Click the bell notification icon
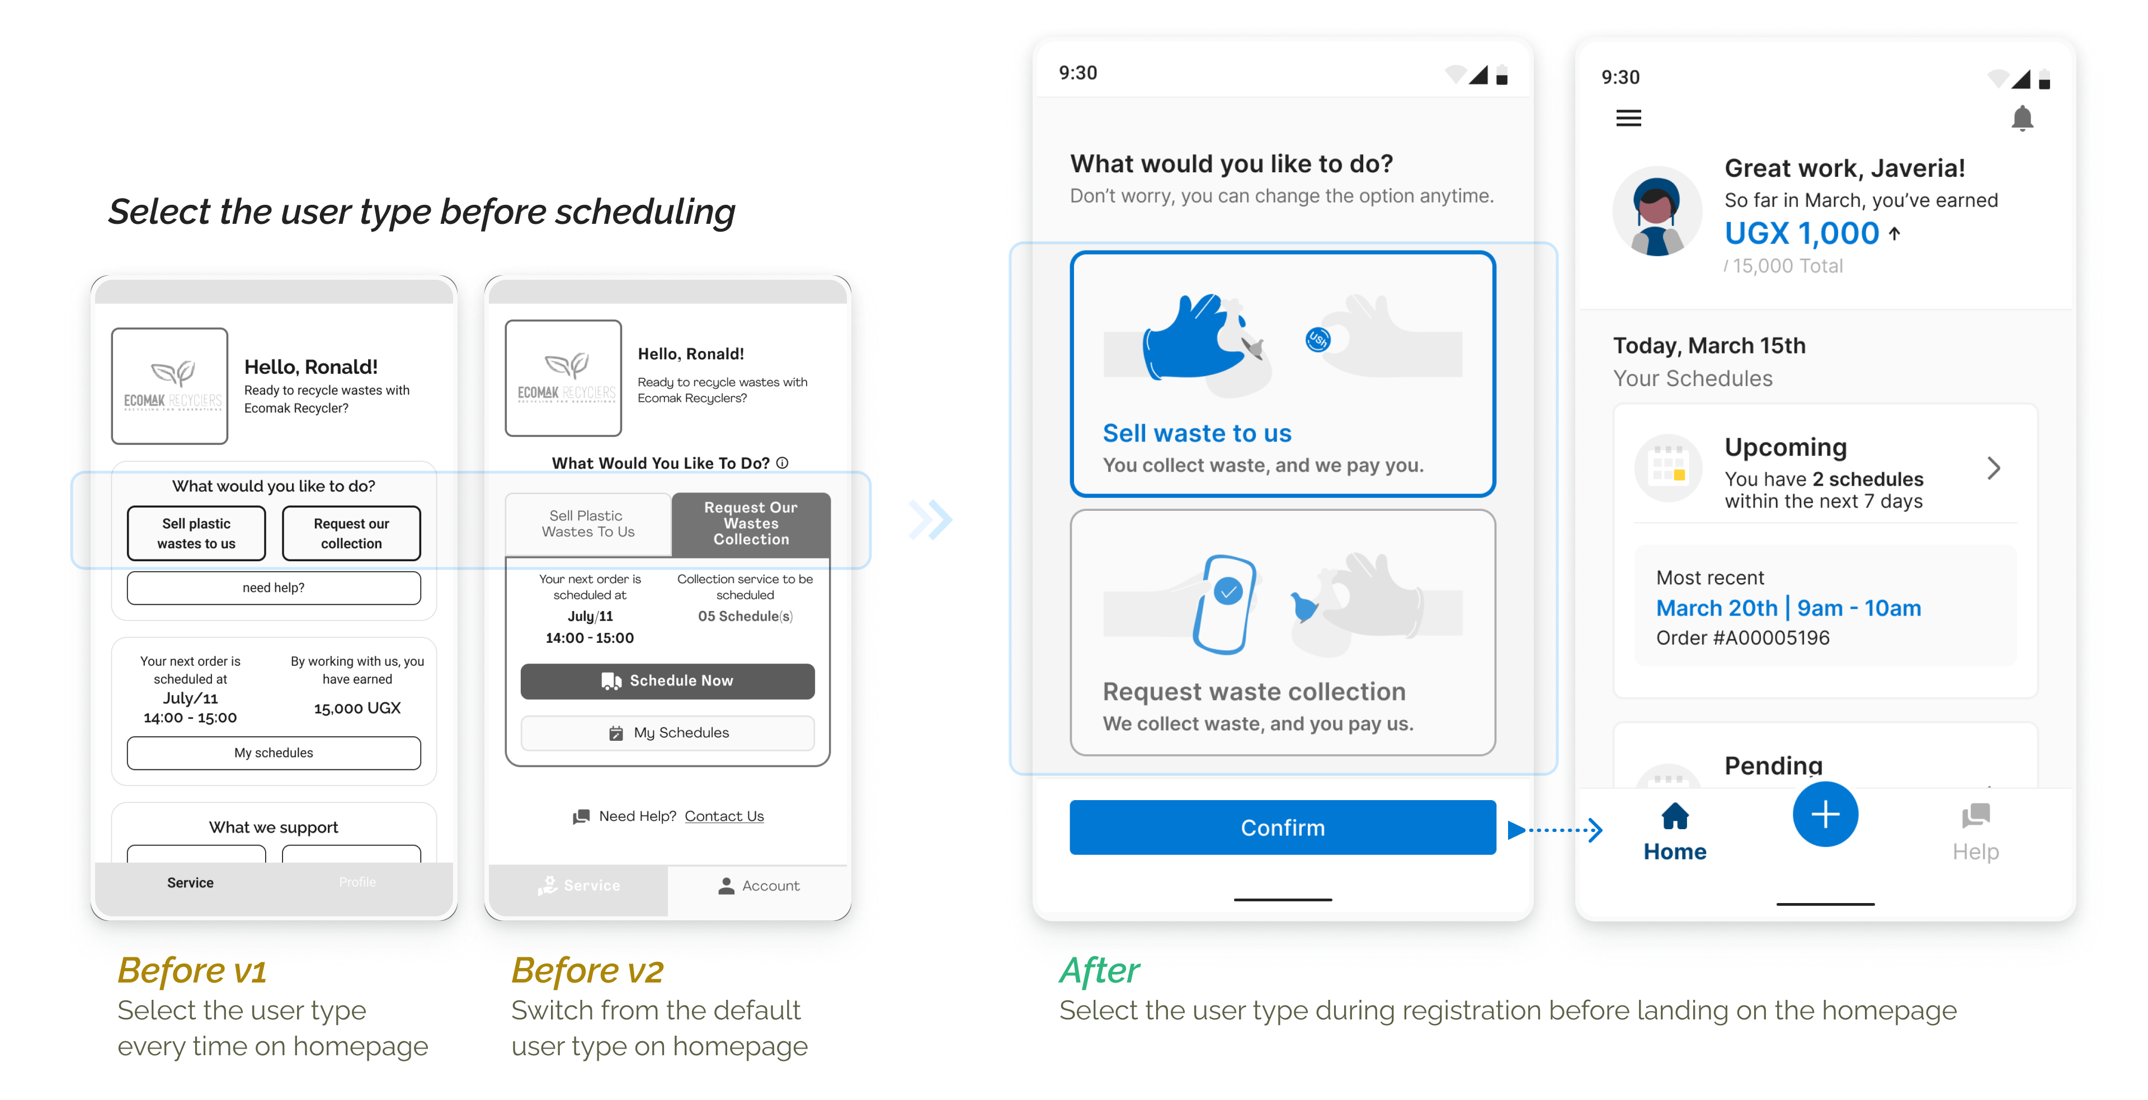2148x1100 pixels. point(2022,119)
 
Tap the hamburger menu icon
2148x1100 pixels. point(1628,117)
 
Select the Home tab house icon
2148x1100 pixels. point(1674,816)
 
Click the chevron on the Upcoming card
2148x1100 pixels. point(1994,468)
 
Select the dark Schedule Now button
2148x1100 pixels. point(667,680)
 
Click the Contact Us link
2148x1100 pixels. point(724,816)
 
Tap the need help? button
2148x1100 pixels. point(274,588)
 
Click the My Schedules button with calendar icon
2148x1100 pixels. point(667,732)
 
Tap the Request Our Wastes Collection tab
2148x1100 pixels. point(751,524)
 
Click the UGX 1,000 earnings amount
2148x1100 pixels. point(1801,233)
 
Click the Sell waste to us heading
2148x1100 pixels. point(1197,434)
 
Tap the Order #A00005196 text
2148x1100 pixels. point(1742,638)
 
